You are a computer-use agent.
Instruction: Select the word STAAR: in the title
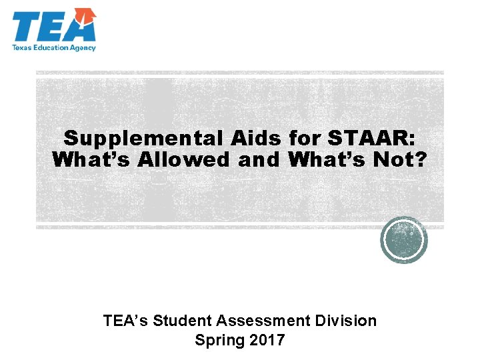pyautogui.click(x=371, y=139)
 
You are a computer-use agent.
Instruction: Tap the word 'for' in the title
pyautogui.click(x=306, y=139)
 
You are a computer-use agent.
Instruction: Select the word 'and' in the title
pyautogui.click(x=263, y=161)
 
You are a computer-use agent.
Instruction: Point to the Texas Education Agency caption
pyautogui.click(x=54, y=47)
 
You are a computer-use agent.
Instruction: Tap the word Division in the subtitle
pyautogui.click(x=346, y=321)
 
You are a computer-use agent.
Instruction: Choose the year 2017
pyautogui.click(x=266, y=340)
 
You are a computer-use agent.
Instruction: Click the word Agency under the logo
pyautogui.click(x=83, y=47)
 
